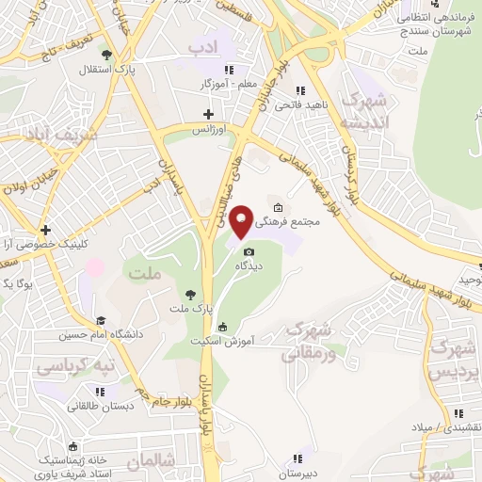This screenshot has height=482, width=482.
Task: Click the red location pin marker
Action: click(x=242, y=220)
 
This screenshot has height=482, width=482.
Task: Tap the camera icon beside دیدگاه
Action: click(x=249, y=251)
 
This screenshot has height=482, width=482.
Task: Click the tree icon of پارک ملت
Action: click(x=191, y=294)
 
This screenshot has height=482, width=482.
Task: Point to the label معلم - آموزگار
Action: click(x=202, y=84)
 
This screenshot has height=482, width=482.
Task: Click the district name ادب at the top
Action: click(x=202, y=45)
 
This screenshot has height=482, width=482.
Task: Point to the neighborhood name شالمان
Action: click(x=148, y=462)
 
